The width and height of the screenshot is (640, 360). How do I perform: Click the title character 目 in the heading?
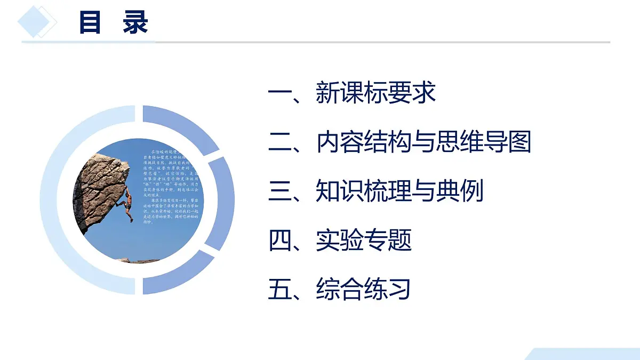tap(90, 23)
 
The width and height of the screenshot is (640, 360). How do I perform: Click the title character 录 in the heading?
tap(135, 23)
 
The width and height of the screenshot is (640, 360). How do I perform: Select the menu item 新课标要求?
tap(375, 93)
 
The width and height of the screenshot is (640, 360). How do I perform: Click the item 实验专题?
tap(363, 241)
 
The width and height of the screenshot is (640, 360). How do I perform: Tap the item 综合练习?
tap(363, 290)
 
